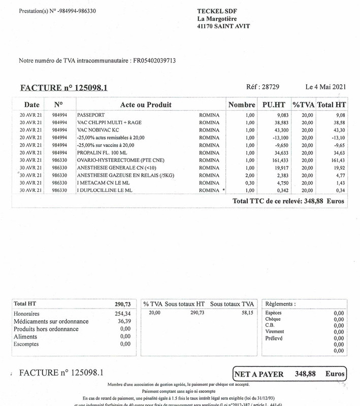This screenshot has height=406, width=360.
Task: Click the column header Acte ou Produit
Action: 146,105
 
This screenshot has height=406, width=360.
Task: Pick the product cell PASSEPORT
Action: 91,115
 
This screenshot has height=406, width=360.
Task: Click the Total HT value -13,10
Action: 338,138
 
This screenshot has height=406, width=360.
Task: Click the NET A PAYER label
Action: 259,374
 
